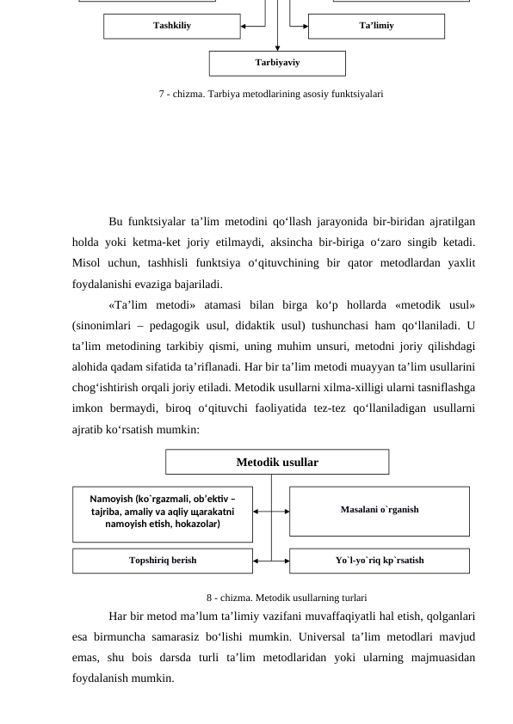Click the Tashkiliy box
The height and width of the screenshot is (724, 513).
pos(171,26)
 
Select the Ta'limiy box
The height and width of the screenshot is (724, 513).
pos(376,26)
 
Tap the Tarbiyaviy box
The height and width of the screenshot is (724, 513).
pos(277,63)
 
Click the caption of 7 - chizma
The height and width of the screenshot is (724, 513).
pos(270,93)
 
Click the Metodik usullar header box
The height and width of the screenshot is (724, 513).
pos(277,463)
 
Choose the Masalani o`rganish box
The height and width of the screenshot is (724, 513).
pos(379,510)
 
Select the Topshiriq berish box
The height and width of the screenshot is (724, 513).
pos(162,560)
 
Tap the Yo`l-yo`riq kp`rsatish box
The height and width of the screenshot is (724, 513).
pos(379,560)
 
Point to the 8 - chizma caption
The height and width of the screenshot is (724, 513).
pos(287,597)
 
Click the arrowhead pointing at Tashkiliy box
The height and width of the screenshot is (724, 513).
pos(246,26)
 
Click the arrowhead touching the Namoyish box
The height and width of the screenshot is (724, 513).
pos(257,511)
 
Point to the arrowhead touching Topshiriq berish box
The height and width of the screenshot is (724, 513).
pos(257,560)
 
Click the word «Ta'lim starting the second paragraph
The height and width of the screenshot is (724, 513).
pos(128,305)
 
